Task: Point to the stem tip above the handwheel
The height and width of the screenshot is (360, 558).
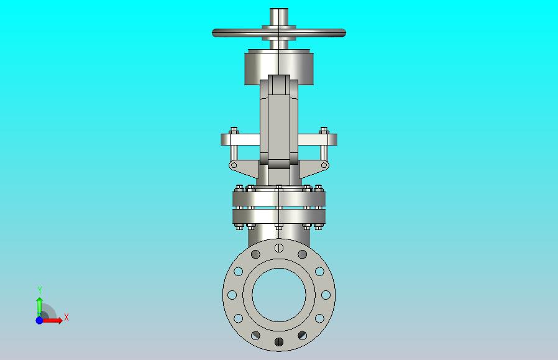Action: coord(279,9)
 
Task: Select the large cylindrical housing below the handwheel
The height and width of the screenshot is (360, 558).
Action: coord(279,68)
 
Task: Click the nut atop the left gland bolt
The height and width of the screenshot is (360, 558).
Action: coord(234,130)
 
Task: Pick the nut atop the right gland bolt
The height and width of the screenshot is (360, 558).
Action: coord(324,130)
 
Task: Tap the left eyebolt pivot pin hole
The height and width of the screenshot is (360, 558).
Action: coord(234,165)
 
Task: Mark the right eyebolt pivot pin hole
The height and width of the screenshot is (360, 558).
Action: coord(324,165)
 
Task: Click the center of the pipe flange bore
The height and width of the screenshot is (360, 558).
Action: coord(279,295)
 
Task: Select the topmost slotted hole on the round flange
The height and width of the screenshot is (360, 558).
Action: coord(279,247)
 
